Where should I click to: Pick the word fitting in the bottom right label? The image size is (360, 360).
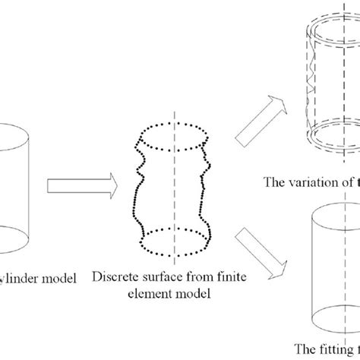coord(328,350)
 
